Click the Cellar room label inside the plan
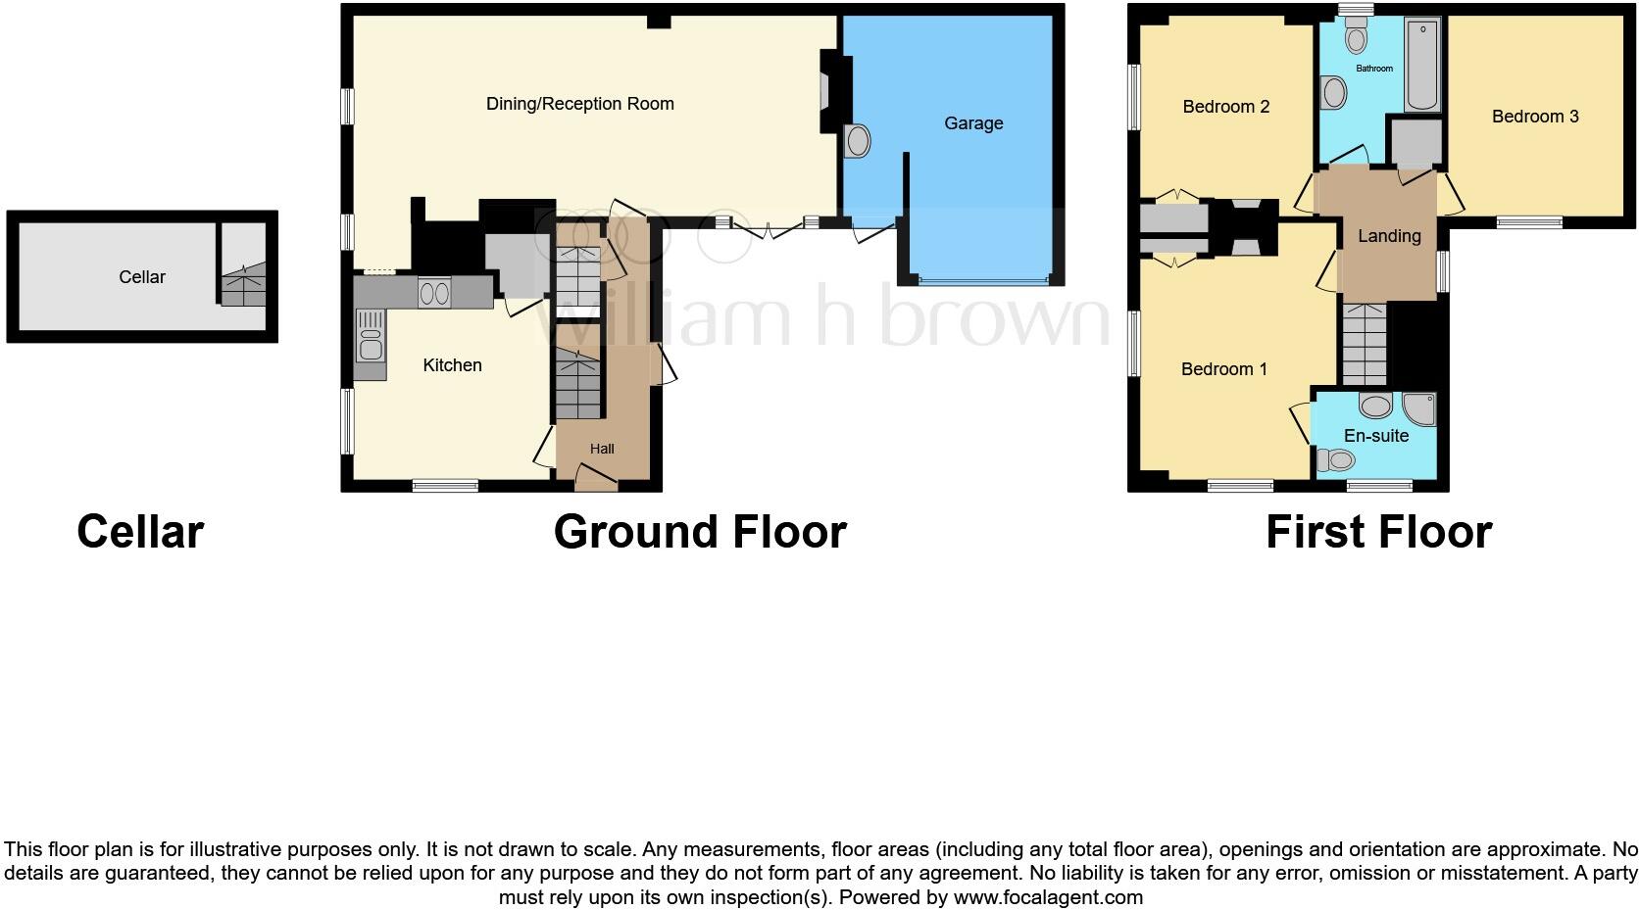[142, 277]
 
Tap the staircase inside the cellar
[243, 285]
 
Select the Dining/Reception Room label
[579, 104]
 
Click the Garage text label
[972, 123]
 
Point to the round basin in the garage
[858, 141]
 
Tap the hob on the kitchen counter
[433, 292]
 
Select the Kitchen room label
[452, 365]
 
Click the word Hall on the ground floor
[602, 449]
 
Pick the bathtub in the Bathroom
[1422, 66]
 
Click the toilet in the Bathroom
[1357, 38]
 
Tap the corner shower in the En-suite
[1418, 407]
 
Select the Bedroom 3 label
[1534, 117]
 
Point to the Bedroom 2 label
[1225, 107]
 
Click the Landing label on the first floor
[1388, 236]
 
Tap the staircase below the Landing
[1365, 344]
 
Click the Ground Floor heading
[699, 532]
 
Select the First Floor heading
[1377, 532]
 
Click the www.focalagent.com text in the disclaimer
[1048, 897]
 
